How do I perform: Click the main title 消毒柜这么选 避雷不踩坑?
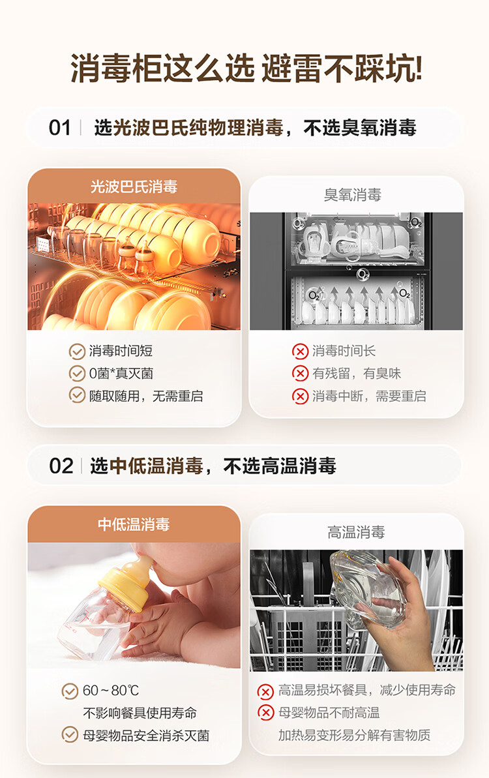pyautogui.click(x=246, y=68)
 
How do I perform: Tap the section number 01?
pyautogui.click(x=60, y=128)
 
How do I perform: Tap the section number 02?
pyautogui.click(x=61, y=466)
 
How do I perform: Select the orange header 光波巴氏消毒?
pyautogui.click(x=134, y=187)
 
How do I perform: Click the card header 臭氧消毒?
pyautogui.click(x=356, y=195)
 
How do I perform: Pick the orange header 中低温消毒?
pyautogui.click(x=134, y=524)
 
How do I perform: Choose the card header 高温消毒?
pyautogui.click(x=356, y=532)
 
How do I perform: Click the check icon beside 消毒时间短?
pyautogui.click(x=77, y=352)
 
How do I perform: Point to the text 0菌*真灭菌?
pyautogui.click(x=121, y=374)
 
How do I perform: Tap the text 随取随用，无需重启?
pyautogui.click(x=146, y=395)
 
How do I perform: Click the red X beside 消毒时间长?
pyautogui.click(x=300, y=352)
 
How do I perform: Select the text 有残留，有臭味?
pyautogui.click(x=356, y=374)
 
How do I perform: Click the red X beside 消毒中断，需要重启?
pyautogui.click(x=300, y=396)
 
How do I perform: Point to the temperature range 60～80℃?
pyautogui.click(x=111, y=691)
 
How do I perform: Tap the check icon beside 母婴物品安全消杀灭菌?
pyautogui.click(x=70, y=735)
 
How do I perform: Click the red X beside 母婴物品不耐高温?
pyautogui.click(x=265, y=713)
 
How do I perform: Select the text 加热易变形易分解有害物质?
pyautogui.click(x=354, y=735)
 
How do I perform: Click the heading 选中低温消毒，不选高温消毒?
pyautogui.click(x=213, y=466)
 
